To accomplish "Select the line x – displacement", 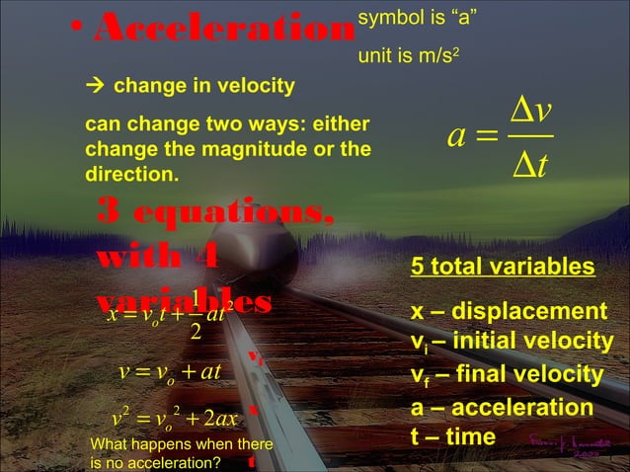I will [x=509, y=312].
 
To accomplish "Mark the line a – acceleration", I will [x=502, y=408].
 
